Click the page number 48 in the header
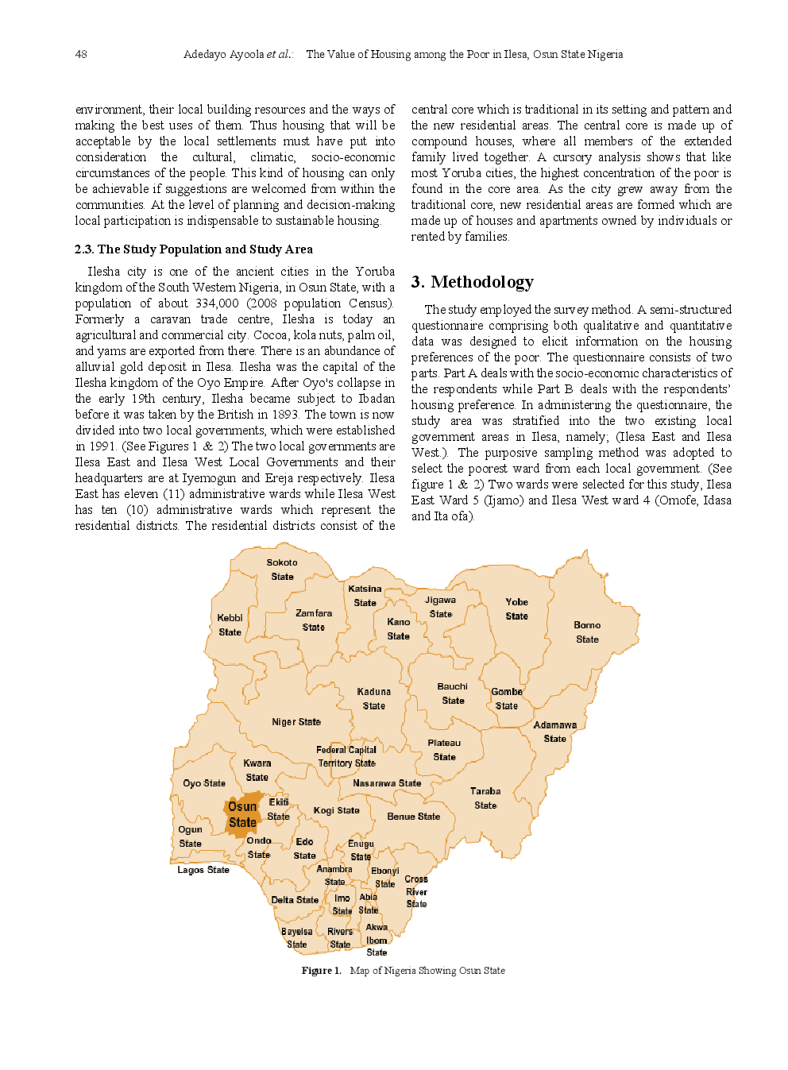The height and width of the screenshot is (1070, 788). pos(81,54)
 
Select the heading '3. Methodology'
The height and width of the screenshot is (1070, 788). pos(472,282)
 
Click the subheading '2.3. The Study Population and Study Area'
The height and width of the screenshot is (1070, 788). pos(194,249)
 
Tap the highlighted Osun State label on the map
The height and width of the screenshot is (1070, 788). pos(242,814)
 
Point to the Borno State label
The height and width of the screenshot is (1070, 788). pos(587,632)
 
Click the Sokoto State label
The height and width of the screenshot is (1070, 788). pos(282,570)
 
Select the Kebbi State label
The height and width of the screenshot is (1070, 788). pos(230,625)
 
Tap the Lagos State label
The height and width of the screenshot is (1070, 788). pos(203,870)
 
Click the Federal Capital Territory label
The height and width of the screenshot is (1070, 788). pos(346,756)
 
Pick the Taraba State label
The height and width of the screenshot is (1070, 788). pos(485,798)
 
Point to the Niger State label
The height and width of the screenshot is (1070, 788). pos(296,722)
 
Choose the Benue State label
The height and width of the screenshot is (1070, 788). pos(413,817)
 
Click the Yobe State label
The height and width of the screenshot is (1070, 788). pos(516,609)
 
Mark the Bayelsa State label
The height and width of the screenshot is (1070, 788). pos(296,938)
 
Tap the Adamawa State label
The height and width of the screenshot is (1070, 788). pos(554,732)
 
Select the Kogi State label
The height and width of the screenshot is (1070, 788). pos(336,810)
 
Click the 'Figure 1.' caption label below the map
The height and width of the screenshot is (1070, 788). pos(321,971)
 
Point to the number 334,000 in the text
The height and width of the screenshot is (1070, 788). pos(217,303)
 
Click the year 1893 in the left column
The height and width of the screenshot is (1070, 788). pos(284,415)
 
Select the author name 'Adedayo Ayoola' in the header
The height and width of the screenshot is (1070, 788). pos(224,54)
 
